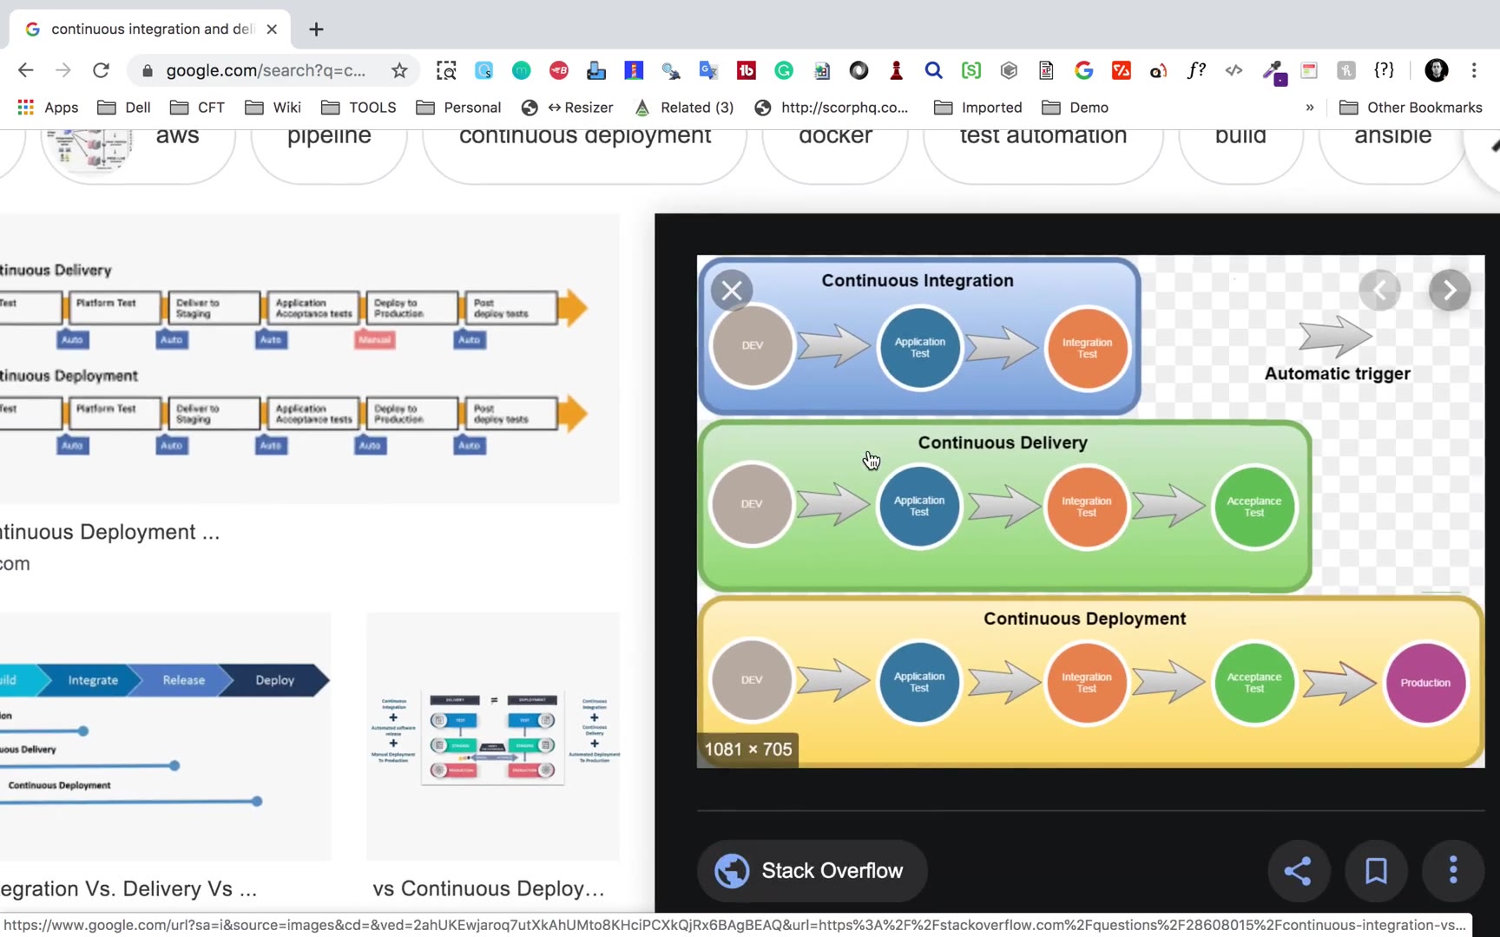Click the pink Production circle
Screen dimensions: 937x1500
pyautogui.click(x=1424, y=683)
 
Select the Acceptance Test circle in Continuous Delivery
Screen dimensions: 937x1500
pyautogui.click(x=1253, y=507)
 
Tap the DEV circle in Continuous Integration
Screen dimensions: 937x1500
pyautogui.click(x=752, y=345)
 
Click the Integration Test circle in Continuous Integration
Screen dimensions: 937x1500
pyautogui.click(x=1087, y=348)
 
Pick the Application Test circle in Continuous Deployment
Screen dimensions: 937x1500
pyautogui.click(x=918, y=682)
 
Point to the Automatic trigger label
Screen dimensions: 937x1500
pyautogui.click(x=1337, y=374)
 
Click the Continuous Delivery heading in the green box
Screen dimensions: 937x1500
pyautogui.click(x=1003, y=442)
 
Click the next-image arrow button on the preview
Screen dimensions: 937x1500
pyautogui.click(x=1449, y=291)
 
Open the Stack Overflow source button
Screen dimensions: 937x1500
pyautogui.click(x=812, y=870)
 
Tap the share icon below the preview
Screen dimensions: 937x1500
pyautogui.click(x=1297, y=870)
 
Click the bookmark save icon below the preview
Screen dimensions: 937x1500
pyautogui.click(x=1376, y=870)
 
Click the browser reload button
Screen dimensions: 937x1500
pyautogui.click(x=101, y=70)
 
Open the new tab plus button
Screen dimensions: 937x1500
pyautogui.click(x=316, y=29)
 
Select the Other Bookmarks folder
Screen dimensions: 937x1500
pyautogui.click(x=1411, y=108)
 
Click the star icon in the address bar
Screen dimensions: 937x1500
pyautogui.click(x=399, y=70)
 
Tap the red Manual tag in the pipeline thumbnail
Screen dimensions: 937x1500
pyautogui.click(x=375, y=339)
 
